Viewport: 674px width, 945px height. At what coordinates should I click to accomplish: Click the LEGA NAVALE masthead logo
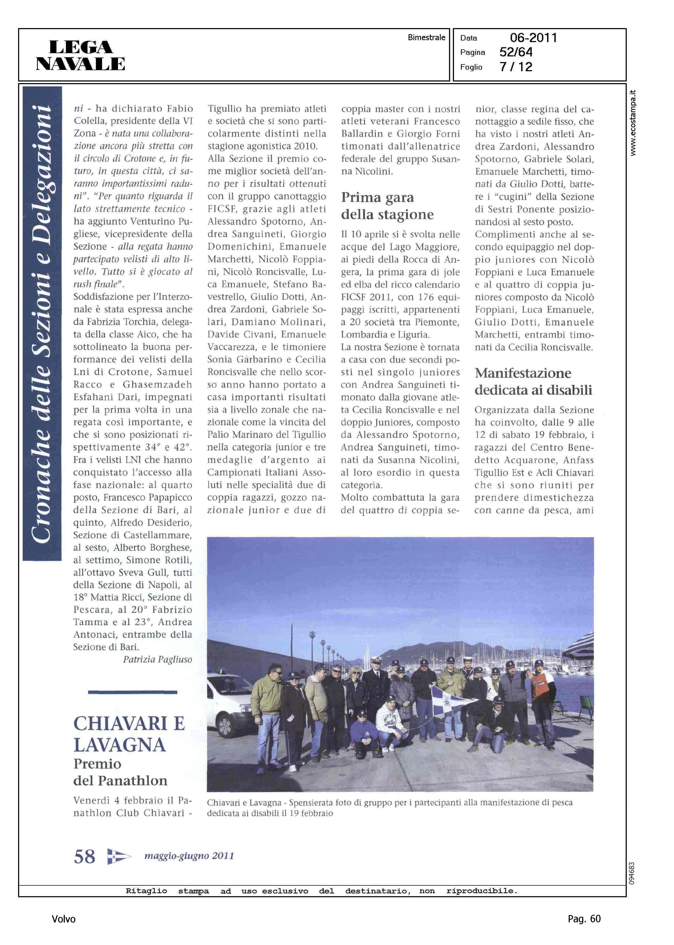pyautogui.click(x=80, y=55)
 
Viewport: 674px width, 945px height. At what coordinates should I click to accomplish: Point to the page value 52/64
pyautogui.click(x=515, y=52)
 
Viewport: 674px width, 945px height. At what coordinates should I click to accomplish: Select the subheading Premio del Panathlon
pyautogui.click(x=120, y=772)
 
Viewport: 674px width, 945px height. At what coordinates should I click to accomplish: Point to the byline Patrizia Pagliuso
pyautogui.click(x=157, y=659)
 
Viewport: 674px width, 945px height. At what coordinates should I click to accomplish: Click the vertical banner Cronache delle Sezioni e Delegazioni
pyautogui.click(x=42, y=324)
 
